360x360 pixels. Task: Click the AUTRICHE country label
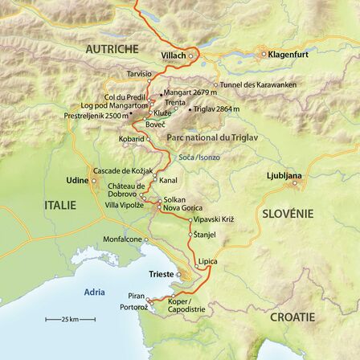pyautogui.click(x=112, y=49)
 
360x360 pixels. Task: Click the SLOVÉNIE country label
pyautogui.click(x=289, y=215)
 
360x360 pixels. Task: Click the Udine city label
pyautogui.click(x=77, y=181)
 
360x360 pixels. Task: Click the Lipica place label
pyautogui.click(x=207, y=261)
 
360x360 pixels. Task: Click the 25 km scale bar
pyautogui.click(x=71, y=320)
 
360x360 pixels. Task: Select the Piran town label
pyautogui.click(x=136, y=296)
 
